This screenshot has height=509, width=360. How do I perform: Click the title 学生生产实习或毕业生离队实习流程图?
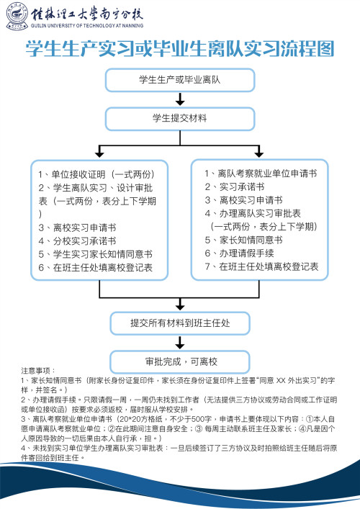(x=180, y=50)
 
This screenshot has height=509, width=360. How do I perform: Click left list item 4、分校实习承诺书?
(x=77, y=240)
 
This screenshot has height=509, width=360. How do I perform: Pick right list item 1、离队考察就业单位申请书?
(x=260, y=174)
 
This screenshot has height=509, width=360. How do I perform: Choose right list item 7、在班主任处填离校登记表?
(x=259, y=266)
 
